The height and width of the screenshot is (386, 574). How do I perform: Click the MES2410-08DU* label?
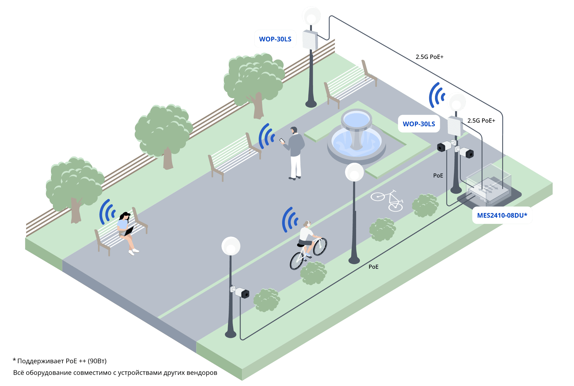tap(502, 215)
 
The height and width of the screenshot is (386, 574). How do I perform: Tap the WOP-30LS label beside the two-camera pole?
tap(419, 124)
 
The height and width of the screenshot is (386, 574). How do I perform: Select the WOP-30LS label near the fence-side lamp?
tap(275, 39)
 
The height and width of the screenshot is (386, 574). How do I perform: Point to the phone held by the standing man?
tap(282, 141)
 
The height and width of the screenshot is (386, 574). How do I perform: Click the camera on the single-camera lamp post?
tap(241, 292)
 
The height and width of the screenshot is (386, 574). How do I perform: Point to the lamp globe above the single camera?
tap(231, 246)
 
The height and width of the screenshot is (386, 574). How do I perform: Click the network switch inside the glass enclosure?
tap(489, 191)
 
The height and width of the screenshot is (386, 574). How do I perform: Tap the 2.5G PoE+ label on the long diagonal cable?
tap(430, 57)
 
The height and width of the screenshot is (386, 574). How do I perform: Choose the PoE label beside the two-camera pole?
tap(438, 176)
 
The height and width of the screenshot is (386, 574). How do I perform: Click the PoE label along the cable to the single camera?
tap(373, 267)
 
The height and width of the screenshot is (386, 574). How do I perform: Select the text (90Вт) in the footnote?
tap(97, 361)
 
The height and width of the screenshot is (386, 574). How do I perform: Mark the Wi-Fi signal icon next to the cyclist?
tap(290, 220)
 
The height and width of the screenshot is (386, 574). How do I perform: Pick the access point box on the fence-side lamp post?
tap(310, 40)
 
